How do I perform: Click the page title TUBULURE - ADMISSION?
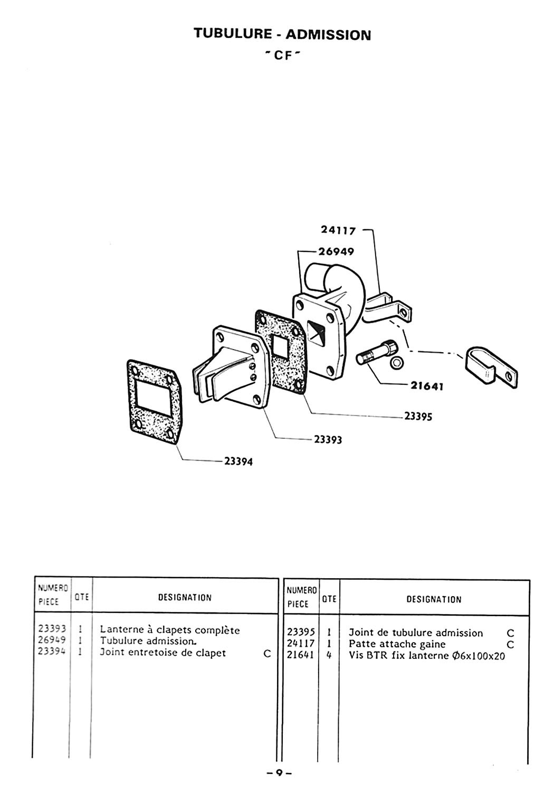[282, 34]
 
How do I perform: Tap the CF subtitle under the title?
[282, 55]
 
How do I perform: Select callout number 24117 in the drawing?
[338, 230]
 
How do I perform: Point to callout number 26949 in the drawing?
[336, 251]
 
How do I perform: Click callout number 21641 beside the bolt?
[426, 386]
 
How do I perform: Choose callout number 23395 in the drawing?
[418, 417]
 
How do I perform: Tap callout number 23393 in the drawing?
[328, 439]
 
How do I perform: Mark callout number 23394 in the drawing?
[238, 461]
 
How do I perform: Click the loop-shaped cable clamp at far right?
[490, 367]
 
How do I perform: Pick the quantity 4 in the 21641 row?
[329, 655]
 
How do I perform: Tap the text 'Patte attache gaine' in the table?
[397, 644]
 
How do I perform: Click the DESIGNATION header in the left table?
[185, 598]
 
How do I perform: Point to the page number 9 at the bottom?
[279, 783]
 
